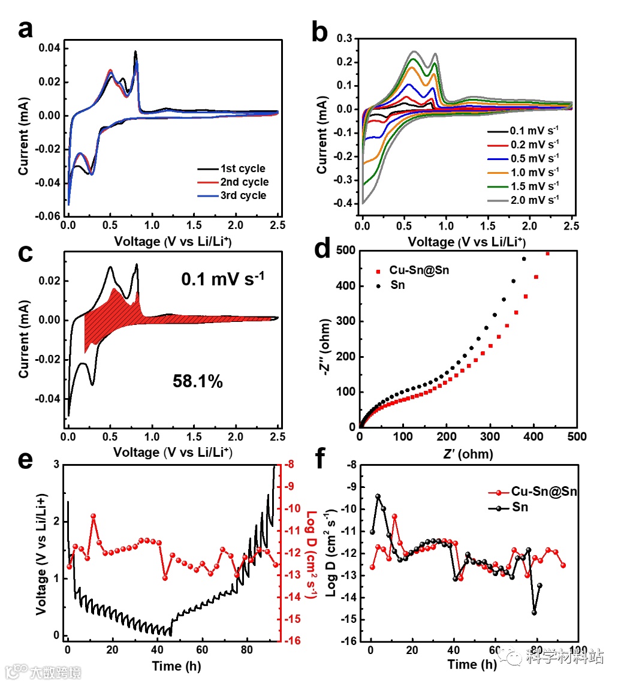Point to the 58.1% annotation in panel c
tap(198, 381)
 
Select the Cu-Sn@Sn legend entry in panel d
tap(418, 270)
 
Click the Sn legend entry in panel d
tap(397, 285)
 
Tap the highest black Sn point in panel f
tap(378, 496)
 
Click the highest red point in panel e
tap(94, 516)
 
